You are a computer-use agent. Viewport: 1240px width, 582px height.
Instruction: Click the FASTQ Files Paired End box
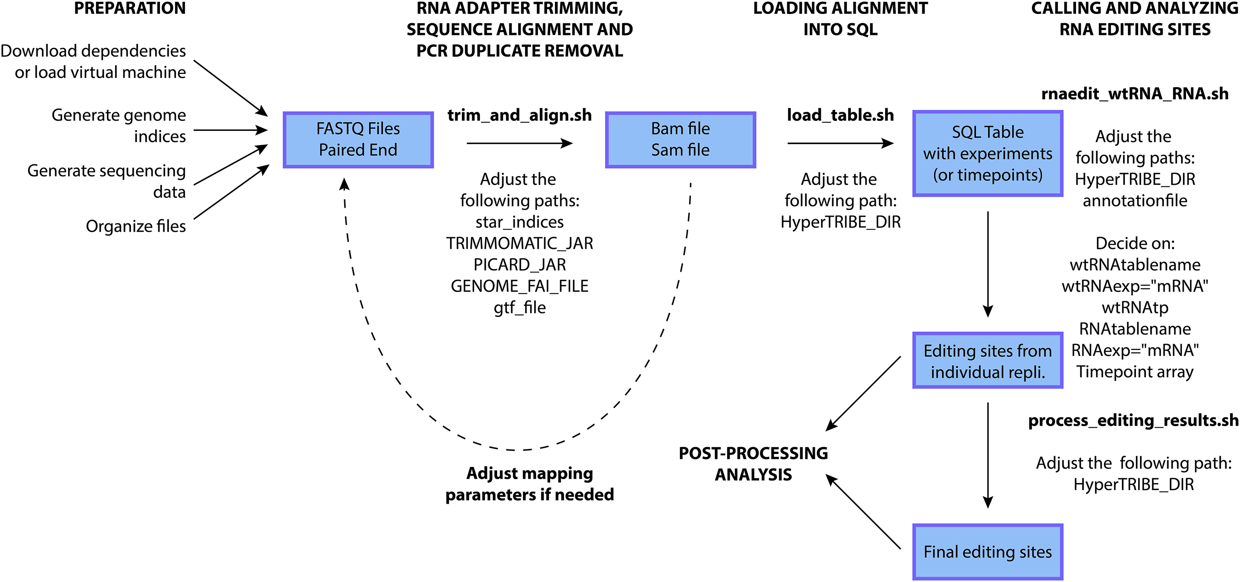point(358,139)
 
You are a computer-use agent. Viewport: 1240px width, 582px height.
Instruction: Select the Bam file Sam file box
point(680,139)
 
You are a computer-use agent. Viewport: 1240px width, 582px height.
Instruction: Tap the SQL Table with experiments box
point(987,153)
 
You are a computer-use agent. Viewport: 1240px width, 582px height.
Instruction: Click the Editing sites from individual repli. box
point(987,361)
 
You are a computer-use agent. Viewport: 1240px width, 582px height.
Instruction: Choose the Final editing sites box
point(987,552)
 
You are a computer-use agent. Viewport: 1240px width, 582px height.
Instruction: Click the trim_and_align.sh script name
point(519,116)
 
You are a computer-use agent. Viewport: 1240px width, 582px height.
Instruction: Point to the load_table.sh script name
point(840,116)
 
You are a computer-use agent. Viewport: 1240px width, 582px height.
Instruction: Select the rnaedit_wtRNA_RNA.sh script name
point(1134,94)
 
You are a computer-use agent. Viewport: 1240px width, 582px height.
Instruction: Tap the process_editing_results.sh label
point(1133,421)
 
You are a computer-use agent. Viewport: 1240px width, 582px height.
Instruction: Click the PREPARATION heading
point(129,9)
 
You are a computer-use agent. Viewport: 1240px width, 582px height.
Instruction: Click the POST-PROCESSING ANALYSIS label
point(753,464)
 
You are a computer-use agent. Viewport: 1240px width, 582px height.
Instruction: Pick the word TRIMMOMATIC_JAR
point(519,244)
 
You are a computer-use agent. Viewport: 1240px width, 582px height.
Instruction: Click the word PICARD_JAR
point(519,265)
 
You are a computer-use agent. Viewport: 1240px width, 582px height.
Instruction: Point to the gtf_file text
point(519,308)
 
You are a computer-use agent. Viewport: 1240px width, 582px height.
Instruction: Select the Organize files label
point(136,226)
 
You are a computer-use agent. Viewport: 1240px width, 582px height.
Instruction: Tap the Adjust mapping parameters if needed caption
point(529,484)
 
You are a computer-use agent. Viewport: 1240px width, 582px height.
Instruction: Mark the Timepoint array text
point(1134,372)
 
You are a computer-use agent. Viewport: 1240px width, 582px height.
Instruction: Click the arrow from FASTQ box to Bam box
point(519,143)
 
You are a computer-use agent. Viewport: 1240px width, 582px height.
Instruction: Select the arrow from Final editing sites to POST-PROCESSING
point(864,512)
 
